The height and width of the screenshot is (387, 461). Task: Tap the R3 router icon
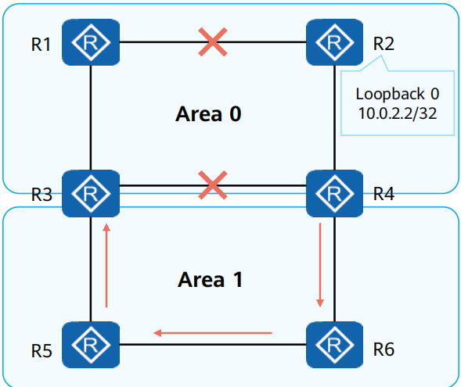point(92,190)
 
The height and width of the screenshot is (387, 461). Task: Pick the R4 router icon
point(334,190)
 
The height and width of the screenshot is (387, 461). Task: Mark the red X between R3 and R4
point(213,186)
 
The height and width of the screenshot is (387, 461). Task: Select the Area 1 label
point(210,279)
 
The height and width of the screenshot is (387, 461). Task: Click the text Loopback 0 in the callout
point(397,94)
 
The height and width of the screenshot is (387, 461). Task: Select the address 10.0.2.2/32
point(397,113)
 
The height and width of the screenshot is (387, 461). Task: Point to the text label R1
point(41,44)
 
